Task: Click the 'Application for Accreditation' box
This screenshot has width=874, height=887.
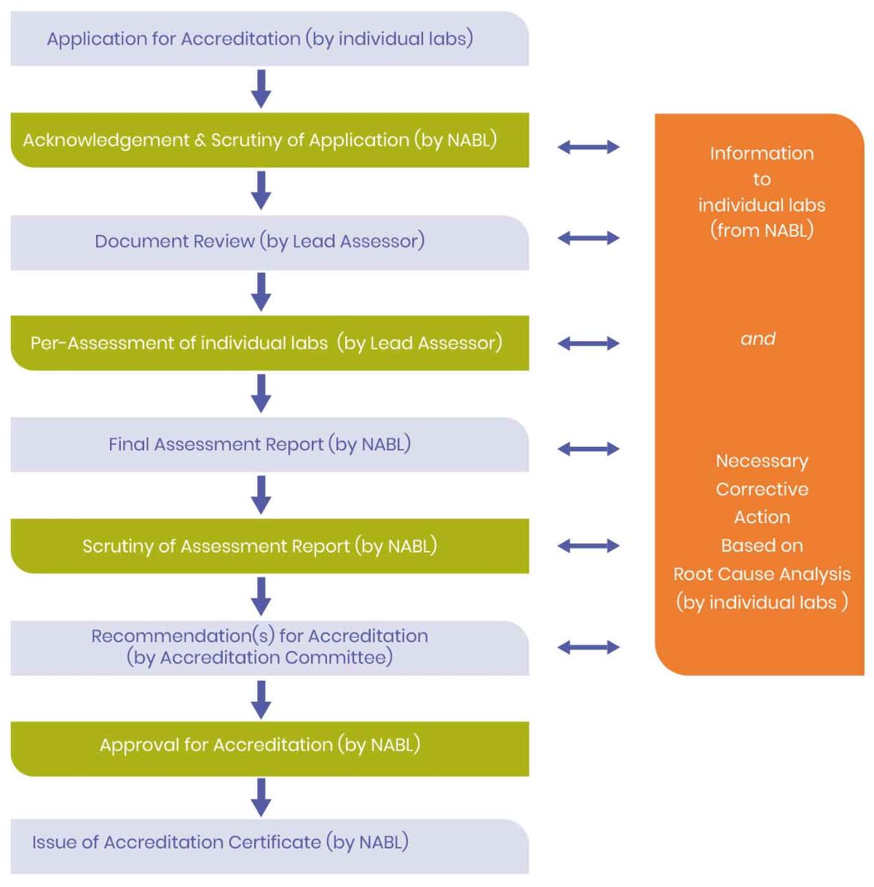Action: click(x=269, y=39)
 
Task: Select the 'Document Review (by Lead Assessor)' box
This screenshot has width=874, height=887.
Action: click(x=269, y=242)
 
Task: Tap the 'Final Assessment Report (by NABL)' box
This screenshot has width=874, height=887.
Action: click(x=269, y=445)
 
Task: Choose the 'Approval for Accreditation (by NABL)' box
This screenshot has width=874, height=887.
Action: click(x=269, y=746)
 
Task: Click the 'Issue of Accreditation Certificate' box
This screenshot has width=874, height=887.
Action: click(x=269, y=843)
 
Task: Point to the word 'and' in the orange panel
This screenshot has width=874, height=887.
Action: click(x=758, y=339)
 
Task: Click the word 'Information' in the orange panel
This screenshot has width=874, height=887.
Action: click(x=762, y=154)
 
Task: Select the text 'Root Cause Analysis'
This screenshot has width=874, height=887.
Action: click(x=762, y=574)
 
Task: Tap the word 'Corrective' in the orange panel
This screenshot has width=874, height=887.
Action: click(x=762, y=489)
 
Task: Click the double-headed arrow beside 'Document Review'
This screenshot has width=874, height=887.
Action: click(x=588, y=238)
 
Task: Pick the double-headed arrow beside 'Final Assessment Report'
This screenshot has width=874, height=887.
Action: click(x=588, y=449)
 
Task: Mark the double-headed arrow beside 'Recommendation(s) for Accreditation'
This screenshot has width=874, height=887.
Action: click(x=588, y=646)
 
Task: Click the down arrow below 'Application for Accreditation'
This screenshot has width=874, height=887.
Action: click(x=261, y=89)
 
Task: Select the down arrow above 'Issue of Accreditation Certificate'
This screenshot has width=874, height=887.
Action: click(x=261, y=797)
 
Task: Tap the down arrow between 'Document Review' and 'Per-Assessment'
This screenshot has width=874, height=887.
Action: click(x=261, y=292)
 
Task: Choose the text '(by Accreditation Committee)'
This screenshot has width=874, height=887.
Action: click(x=259, y=657)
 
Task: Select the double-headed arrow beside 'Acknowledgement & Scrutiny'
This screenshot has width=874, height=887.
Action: click(x=588, y=147)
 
